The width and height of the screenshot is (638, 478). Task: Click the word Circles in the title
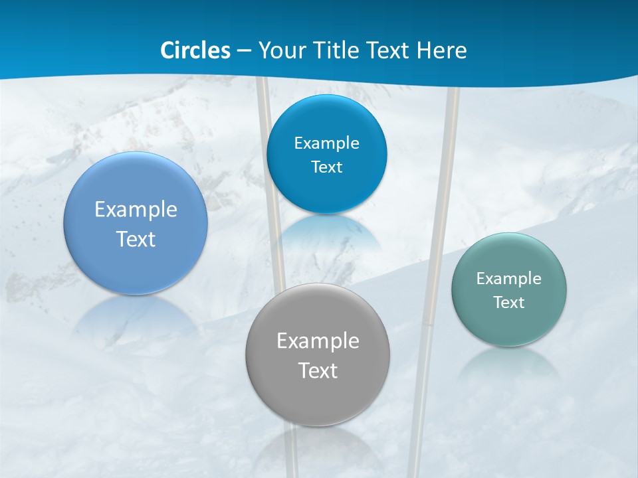coord(195,50)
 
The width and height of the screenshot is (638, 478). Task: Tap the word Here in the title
coord(442,50)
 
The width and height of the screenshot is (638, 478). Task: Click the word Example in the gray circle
coord(318,341)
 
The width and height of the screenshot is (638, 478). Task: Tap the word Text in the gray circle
coord(318,370)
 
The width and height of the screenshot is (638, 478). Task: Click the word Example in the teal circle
coord(509,279)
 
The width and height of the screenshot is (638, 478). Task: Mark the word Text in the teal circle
coord(509,303)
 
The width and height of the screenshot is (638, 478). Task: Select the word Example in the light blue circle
coord(136,210)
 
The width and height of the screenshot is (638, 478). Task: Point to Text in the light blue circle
coord(136,239)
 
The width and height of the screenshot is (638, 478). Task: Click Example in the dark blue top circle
coord(327,143)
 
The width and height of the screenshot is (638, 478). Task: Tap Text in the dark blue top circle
coord(327,167)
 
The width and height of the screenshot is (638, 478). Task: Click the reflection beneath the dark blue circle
coord(326,232)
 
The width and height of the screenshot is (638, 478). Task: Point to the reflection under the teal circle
coord(509,365)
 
